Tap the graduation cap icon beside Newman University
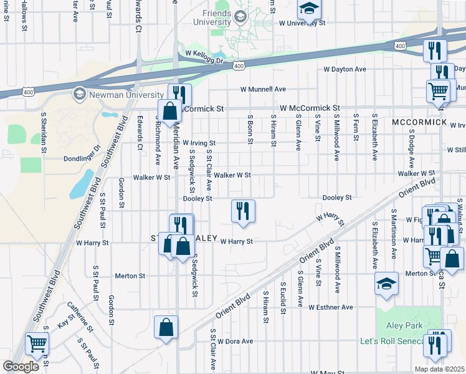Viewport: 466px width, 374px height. tap(79, 94)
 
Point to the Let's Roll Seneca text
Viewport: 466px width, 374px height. tap(391, 342)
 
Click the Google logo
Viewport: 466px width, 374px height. tap(21, 367)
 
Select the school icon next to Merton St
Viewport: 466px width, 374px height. tap(386, 284)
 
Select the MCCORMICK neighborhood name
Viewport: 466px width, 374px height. tap(419, 122)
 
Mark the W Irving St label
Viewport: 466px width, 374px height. tap(199, 143)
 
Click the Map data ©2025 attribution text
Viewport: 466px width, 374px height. tap(439, 369)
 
